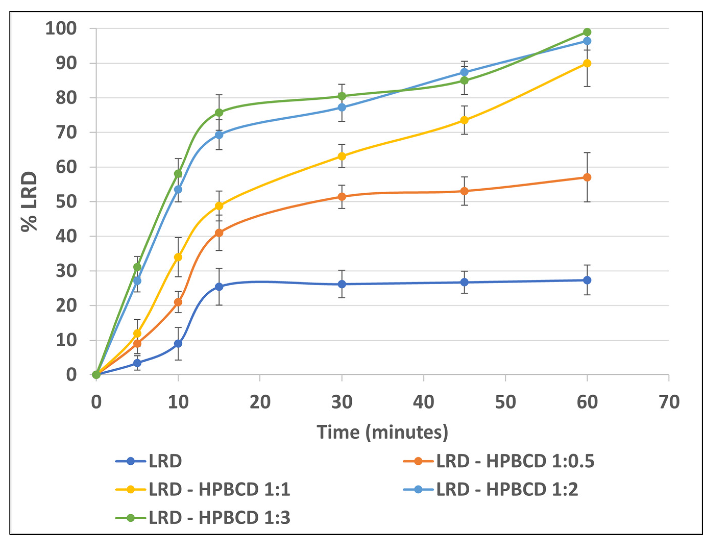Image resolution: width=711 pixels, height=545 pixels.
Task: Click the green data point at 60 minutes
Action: click(587, 32)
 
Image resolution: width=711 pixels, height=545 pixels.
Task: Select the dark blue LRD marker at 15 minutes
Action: click(219, 287)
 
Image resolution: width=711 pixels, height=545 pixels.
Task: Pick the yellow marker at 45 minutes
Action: click(464, 120)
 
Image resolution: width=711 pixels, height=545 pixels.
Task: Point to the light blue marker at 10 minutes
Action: click(178, 189)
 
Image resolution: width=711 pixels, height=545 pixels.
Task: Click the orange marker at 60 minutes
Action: click(587, 178)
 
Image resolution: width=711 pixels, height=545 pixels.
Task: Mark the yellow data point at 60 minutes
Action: click(587, 63)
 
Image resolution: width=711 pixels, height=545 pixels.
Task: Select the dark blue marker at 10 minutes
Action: click(178, 344)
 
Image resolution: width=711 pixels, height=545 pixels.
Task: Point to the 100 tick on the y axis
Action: click(61, 29)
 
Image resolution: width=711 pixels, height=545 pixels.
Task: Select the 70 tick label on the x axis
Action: click(669, 402)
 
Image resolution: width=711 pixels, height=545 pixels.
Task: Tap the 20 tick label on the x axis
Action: click(260, 402)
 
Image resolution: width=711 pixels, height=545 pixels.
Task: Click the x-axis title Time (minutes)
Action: click(383, 432)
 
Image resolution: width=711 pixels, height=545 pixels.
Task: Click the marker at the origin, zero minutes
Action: click(96, 375)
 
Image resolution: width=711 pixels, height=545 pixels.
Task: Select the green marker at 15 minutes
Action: click(219, 112)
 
